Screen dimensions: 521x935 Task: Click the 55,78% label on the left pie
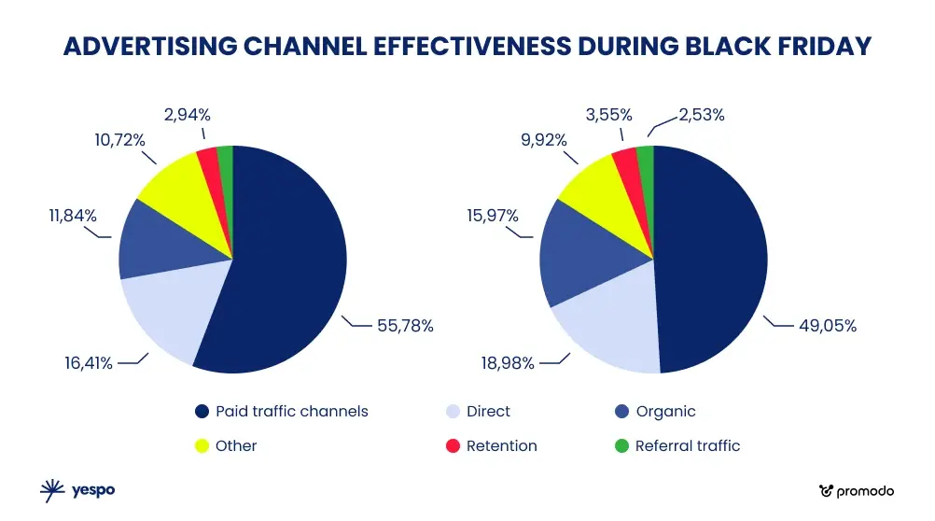405,326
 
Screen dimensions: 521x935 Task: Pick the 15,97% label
492,216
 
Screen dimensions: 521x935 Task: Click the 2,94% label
187,115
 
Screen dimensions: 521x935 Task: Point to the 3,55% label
609,115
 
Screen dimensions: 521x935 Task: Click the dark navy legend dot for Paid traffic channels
202,412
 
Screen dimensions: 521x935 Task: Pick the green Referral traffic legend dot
621,446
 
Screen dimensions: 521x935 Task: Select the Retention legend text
501,446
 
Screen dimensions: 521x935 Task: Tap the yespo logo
77,489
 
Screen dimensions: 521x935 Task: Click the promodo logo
856,490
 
